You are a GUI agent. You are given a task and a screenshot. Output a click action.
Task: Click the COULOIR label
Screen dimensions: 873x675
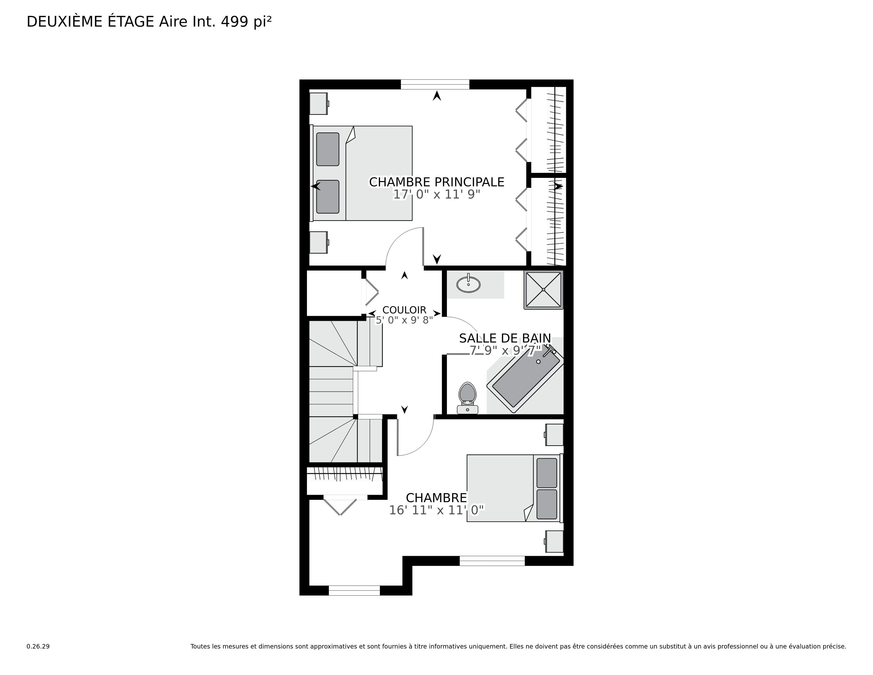point(404,310)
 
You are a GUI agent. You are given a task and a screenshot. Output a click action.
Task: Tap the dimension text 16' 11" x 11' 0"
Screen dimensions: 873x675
point(436,510)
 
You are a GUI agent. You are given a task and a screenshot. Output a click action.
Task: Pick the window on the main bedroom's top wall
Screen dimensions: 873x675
point(435,84)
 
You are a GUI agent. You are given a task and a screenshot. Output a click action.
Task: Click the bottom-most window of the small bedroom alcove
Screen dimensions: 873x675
point(354,590)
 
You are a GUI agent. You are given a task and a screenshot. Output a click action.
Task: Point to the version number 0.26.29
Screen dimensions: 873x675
point(38,646)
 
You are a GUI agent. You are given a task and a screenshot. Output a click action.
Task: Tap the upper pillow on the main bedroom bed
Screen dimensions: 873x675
point(328,149)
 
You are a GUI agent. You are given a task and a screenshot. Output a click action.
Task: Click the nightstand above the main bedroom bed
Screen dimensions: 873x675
point(319,103)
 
